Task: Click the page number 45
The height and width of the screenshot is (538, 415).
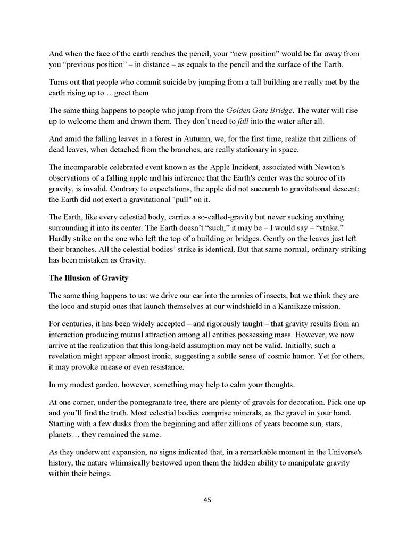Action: (207, 500)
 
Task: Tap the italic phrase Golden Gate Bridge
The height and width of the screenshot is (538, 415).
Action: (258, 111)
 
